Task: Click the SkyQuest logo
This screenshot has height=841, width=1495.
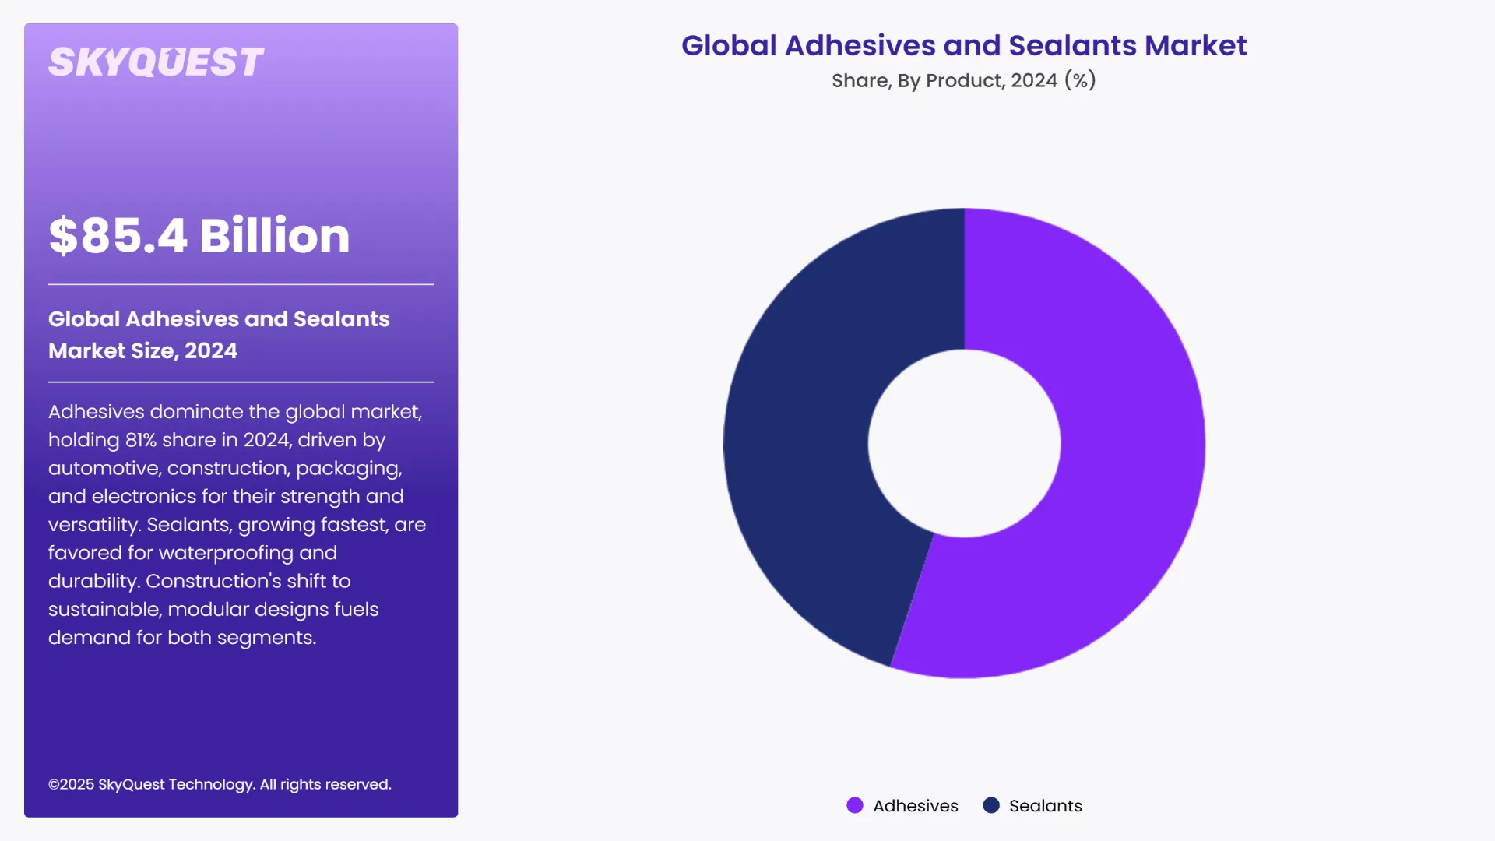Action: point(156,62)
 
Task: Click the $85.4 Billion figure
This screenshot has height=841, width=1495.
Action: point(199,236)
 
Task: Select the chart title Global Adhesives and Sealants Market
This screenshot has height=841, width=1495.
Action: point(963,46)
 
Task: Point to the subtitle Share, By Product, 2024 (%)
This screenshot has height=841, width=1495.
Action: point(963,80)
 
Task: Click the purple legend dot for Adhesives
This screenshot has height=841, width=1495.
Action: point(855,805)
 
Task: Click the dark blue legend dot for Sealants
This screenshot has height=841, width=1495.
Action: point(991,805)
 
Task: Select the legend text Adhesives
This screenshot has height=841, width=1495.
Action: point(916,806)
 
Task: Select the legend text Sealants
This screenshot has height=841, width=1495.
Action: point(1045,806)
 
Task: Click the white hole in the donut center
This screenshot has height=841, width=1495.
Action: point(964,443)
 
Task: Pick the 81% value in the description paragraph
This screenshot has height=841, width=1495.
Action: point(141,440)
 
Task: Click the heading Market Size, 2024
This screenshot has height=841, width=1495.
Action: point(142,351)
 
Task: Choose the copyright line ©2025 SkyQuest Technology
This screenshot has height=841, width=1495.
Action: point(220,784)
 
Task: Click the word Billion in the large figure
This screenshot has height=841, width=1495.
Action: point(274,236)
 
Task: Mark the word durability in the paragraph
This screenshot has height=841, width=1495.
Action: point(93,582)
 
